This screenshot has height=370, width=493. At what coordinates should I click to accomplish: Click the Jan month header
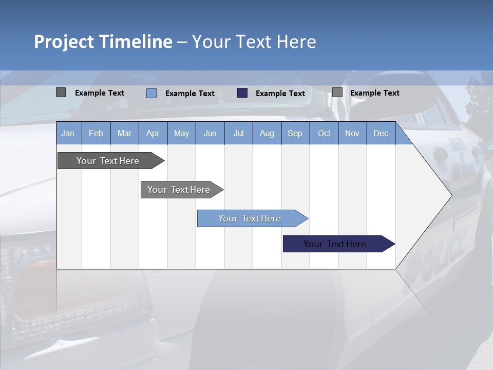(x=68, y=133)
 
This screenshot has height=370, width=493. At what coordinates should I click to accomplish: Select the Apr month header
(x=153, y=133)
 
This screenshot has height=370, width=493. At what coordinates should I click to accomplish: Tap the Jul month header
(x=238, y=133)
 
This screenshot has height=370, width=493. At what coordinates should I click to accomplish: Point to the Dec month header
(x=381, y=133)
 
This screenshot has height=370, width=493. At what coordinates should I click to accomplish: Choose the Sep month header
(x=295, y=133)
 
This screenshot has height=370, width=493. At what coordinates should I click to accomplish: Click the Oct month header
(x=324, y=133)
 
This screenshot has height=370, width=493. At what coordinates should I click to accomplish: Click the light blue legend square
(x=151, y=93)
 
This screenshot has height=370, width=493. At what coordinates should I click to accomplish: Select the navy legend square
(x=242, y=93)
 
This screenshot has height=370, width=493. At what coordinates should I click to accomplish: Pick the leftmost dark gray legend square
(x=61, y=92)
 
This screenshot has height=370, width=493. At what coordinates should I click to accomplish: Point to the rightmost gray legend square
(x=337, y=92)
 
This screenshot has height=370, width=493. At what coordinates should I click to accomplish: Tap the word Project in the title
(x=64, y=42)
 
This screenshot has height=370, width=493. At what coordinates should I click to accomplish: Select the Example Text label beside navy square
(x=280, y=94)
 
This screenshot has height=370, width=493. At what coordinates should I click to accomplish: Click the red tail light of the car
(x=31, y=288)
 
